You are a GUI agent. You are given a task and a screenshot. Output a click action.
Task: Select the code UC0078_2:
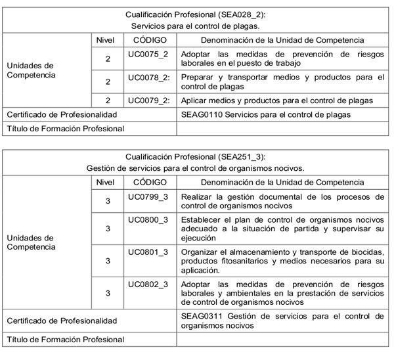click(149, 77)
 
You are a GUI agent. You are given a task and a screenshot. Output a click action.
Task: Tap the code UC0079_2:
click(149, 101)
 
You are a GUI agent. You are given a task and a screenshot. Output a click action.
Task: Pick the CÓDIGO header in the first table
click(149, 40)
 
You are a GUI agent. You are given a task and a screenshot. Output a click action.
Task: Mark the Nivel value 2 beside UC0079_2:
click(107, 101)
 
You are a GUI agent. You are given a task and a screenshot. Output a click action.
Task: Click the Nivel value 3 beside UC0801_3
click(107, 261)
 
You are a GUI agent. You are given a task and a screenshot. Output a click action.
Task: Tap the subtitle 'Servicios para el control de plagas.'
click(196, 26)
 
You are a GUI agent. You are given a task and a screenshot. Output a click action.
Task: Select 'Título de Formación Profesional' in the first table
click(65, 129)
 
